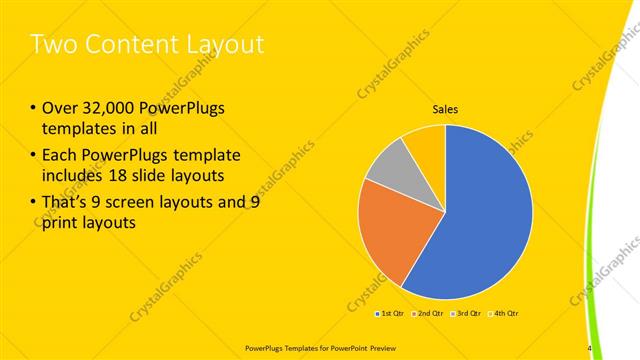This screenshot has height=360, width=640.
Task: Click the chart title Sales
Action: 445,110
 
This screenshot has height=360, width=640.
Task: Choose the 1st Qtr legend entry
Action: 391,314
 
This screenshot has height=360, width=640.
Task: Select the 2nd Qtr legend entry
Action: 428,314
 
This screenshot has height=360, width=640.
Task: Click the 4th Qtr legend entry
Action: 503,314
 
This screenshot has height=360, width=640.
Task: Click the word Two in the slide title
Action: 54,45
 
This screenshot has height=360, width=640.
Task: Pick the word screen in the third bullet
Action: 152,201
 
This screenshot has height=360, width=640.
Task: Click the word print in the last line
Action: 62,223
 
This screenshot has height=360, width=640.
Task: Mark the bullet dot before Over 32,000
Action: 34,109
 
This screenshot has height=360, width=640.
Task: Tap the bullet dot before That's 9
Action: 34,201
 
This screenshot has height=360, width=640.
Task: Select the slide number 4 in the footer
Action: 589,348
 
